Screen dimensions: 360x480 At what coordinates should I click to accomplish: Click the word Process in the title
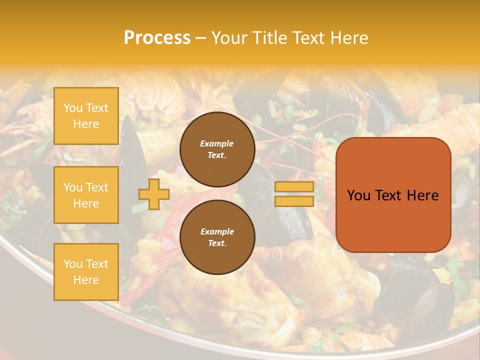point(157,38)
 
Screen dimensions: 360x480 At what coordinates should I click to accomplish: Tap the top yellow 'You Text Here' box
point(86,116)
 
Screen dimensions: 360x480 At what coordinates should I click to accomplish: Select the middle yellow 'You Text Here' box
point(86,195)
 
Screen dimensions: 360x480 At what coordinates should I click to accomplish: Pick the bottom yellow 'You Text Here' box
point(86,272)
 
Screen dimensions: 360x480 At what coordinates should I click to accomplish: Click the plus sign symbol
point(153,194)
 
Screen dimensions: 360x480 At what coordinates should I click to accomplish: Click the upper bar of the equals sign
point(294,187)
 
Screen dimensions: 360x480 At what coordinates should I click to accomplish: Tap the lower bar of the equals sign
point(294,201)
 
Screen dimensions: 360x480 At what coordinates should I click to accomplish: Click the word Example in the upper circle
point(216,143)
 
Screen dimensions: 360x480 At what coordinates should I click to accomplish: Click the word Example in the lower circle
point(217,231)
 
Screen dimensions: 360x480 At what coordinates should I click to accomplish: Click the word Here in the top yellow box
point(86,124)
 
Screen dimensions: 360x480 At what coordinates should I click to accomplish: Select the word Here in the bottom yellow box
point(86,280)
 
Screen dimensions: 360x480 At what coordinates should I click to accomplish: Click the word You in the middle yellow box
point(73,187)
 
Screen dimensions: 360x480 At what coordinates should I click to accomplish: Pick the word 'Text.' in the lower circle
point(217,243)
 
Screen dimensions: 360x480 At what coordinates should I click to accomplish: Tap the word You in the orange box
point(358,195)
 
